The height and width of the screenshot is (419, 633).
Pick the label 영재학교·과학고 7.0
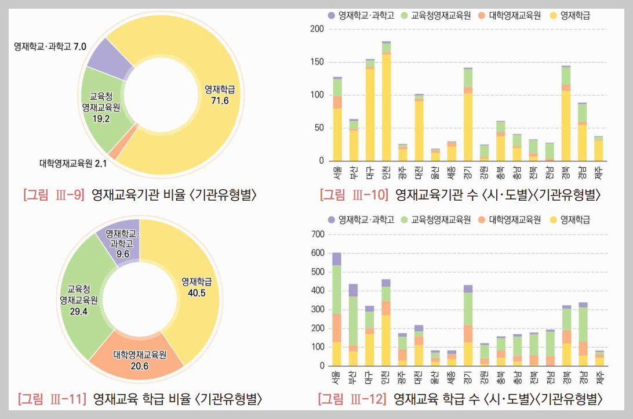[50, 45]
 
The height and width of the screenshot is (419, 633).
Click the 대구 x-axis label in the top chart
[370, 172]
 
